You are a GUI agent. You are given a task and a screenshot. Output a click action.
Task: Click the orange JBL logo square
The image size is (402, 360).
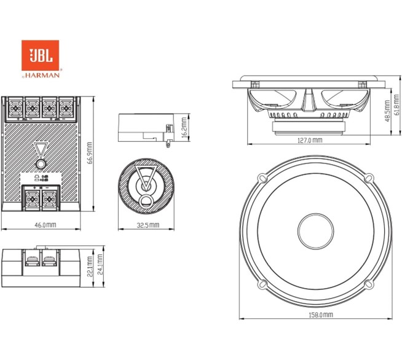[40, 56]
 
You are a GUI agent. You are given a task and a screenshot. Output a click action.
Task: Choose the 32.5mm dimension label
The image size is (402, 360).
[147, 225]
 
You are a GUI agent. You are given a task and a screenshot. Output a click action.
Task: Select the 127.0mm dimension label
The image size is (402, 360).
[309, 140]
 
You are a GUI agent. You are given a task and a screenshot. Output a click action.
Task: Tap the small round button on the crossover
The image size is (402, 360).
[40, 164]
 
